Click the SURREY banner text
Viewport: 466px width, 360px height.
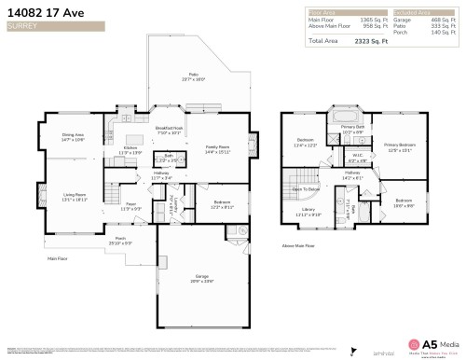pos(21,27)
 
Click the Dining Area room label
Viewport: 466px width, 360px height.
pos(74,136)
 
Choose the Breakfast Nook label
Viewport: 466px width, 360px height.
pos(169,129)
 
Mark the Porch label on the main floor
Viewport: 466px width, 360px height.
pos(120,239)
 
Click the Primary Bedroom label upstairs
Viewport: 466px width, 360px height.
pos(398,146)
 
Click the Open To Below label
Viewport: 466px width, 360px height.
pos(306,188)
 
